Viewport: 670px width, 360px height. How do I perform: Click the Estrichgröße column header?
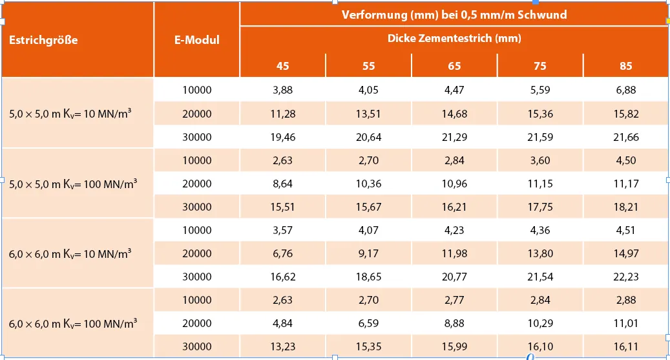tap(43, 40)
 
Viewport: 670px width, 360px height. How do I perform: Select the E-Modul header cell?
tap(196, 40)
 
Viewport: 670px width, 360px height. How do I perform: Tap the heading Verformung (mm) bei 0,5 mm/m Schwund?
tap(454, 14)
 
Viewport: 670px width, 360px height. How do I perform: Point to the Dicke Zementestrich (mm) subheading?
tap(454, 38)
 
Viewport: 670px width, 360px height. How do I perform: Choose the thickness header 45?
tap(283, 66)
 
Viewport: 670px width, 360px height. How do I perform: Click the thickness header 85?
tap(625, 66)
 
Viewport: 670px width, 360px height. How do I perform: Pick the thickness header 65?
tap(454, 66)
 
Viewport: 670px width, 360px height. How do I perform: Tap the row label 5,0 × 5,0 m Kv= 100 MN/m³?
tap(73, 184)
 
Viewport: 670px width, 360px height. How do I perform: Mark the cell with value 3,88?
tap(283, 90)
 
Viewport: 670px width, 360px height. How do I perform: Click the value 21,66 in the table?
tap(625, 137)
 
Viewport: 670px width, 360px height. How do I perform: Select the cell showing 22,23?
tap(625, 277)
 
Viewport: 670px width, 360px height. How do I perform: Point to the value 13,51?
tap(368, 114)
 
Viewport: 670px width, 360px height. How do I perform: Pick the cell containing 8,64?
tap(283, 184)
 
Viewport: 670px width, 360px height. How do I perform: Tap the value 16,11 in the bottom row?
tap(625, 346)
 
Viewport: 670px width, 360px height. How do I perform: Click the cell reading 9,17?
tap(368, 253)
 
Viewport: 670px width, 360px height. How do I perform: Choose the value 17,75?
tap(540, 207)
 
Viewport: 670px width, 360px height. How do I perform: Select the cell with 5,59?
tap(540, 90)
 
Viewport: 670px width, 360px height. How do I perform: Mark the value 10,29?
tap(540, 323)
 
